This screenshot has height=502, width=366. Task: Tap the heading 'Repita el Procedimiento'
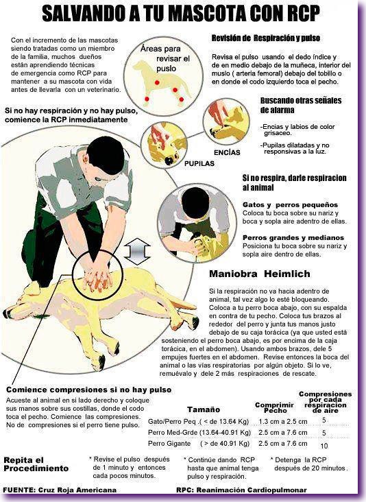36,464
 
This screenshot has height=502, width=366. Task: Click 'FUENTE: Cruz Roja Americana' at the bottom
59,490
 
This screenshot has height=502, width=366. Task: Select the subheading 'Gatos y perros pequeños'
290,204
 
